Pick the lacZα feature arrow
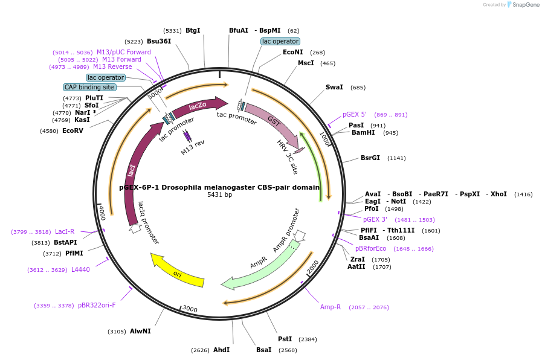click(198, 106)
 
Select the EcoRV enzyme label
click(73, 130)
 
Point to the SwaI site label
click(334, 87)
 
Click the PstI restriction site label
click(285, 339)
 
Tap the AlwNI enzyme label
click(140, 331)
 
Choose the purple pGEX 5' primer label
click(355, 114)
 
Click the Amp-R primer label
click(331, 307)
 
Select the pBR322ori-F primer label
click(97, 305)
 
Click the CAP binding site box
click(89, 87)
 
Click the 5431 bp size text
click(219, 194)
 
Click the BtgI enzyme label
click(193, 30)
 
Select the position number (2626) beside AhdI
click(200, 350)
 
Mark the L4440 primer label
click(80, 269)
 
